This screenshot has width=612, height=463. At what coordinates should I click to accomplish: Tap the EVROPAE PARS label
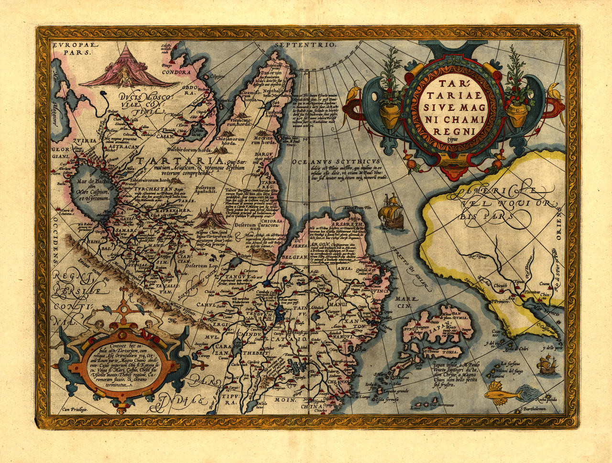click(x=72, y=48)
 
